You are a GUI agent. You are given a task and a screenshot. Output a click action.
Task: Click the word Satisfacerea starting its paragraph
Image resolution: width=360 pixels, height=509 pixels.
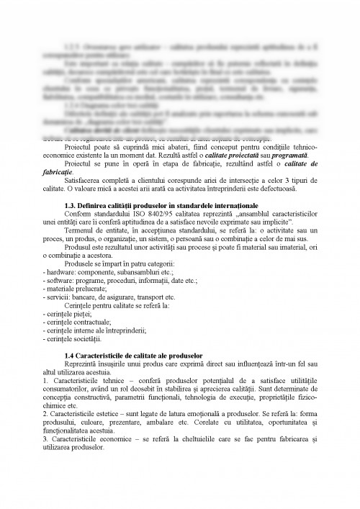84,181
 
